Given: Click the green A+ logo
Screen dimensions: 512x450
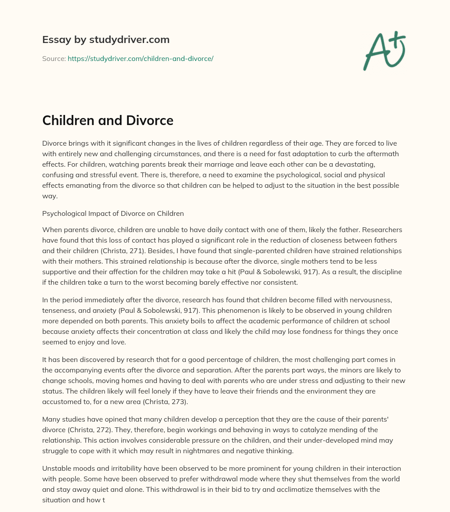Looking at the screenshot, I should [x=384, y=50].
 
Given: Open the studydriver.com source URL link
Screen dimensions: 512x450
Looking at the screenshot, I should [x=140, y=58].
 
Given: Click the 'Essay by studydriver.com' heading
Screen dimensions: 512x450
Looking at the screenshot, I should [x=105, y=39].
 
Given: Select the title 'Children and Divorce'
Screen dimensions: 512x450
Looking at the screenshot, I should [x=108, y=121].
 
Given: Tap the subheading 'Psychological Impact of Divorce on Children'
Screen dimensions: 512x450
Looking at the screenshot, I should [x=113, y=214].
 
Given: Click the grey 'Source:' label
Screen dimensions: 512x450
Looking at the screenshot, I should [x=54, y=58].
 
